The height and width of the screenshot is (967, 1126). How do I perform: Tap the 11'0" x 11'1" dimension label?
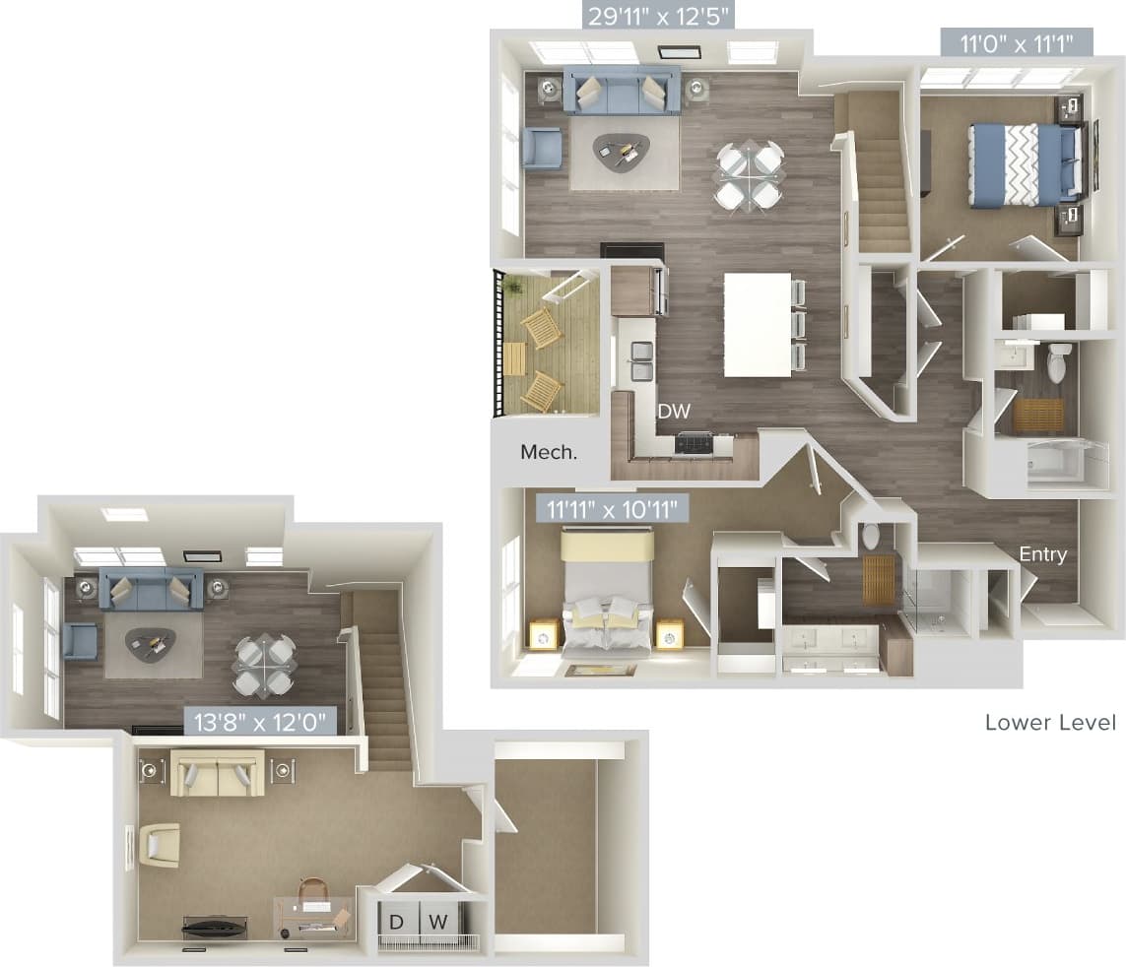[1014, 43]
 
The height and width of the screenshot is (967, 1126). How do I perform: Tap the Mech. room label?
[549, 452]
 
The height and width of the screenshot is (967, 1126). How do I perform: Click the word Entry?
[1042, 554]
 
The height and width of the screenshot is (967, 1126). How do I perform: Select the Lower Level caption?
[1050, 723]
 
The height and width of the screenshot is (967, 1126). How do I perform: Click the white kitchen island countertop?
[757, 324]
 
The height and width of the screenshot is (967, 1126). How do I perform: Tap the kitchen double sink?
[641, 360]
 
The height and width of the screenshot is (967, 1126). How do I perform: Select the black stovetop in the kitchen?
[694, 444]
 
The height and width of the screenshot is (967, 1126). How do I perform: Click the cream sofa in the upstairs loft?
[218, 773]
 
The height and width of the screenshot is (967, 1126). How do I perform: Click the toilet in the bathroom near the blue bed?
[1057, 363]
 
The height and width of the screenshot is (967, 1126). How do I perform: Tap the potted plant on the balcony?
[511, 287]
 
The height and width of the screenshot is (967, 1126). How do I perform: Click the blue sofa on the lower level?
[622, 91]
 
